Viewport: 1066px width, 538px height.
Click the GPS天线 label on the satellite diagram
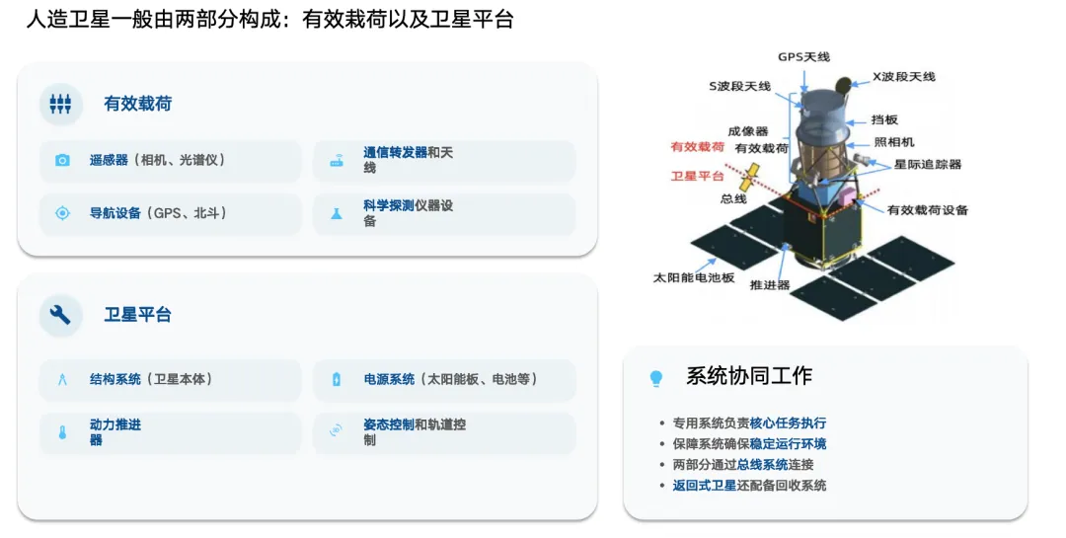805,56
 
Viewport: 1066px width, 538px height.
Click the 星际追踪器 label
928,164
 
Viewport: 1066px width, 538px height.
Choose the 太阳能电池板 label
694,277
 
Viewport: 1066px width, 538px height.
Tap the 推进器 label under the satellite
770,284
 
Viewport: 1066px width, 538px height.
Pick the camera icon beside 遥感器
62,160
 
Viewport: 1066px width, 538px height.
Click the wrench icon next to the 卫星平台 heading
61,315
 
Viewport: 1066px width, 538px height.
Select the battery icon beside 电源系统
337,379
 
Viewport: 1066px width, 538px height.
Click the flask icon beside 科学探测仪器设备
337,213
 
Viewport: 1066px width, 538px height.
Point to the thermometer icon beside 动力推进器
62,432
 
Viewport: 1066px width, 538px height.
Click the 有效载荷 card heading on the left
138,104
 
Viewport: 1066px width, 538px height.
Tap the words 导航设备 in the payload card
115,212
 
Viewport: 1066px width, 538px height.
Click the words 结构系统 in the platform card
115,379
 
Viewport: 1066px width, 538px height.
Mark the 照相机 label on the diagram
894,142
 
